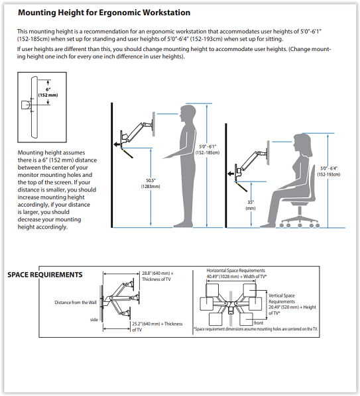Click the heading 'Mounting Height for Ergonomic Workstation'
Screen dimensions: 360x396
pyautogui.click(x=104, y=13)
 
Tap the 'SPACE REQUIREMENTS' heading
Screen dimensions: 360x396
pyautogui.click(x=45, y=275)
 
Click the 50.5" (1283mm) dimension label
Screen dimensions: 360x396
pyautogui.click(x=150, y=183)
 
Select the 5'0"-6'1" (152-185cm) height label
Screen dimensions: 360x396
pyautogui.click(x=208, y=150)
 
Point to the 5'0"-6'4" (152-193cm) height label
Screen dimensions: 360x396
pyautogui.click(x=329, y=172)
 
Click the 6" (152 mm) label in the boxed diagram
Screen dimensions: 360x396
pyautogui.click(x=48, y=93)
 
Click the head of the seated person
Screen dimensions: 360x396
pyautogui.click(x=302, y=144)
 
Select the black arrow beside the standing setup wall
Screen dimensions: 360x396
pyautogui.click(x=117, y=144)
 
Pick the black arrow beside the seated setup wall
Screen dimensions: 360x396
pyautogui.click(x=231, y=173)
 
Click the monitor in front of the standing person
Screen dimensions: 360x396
pyautogui.click(x=153, y=124)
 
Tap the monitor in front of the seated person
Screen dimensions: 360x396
pyautogui.click(x=268, y=153)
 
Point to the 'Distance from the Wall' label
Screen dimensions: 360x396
pyautogui.click(x=76, y=303)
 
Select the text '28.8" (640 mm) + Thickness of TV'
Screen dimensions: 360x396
pyautogui.click(x=158, y=276)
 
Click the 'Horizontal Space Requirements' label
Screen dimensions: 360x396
pyautogui.click(x=235, y=270)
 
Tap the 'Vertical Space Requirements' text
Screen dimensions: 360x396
pyautogui.click(x=282, y=299)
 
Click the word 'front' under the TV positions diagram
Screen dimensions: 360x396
pyautogui.click(x=259, y=322)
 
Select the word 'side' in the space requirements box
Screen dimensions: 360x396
pyautogui.click(x=93, y=319)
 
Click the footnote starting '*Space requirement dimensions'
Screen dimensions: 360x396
pyautogui.click(x=256, y=329)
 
